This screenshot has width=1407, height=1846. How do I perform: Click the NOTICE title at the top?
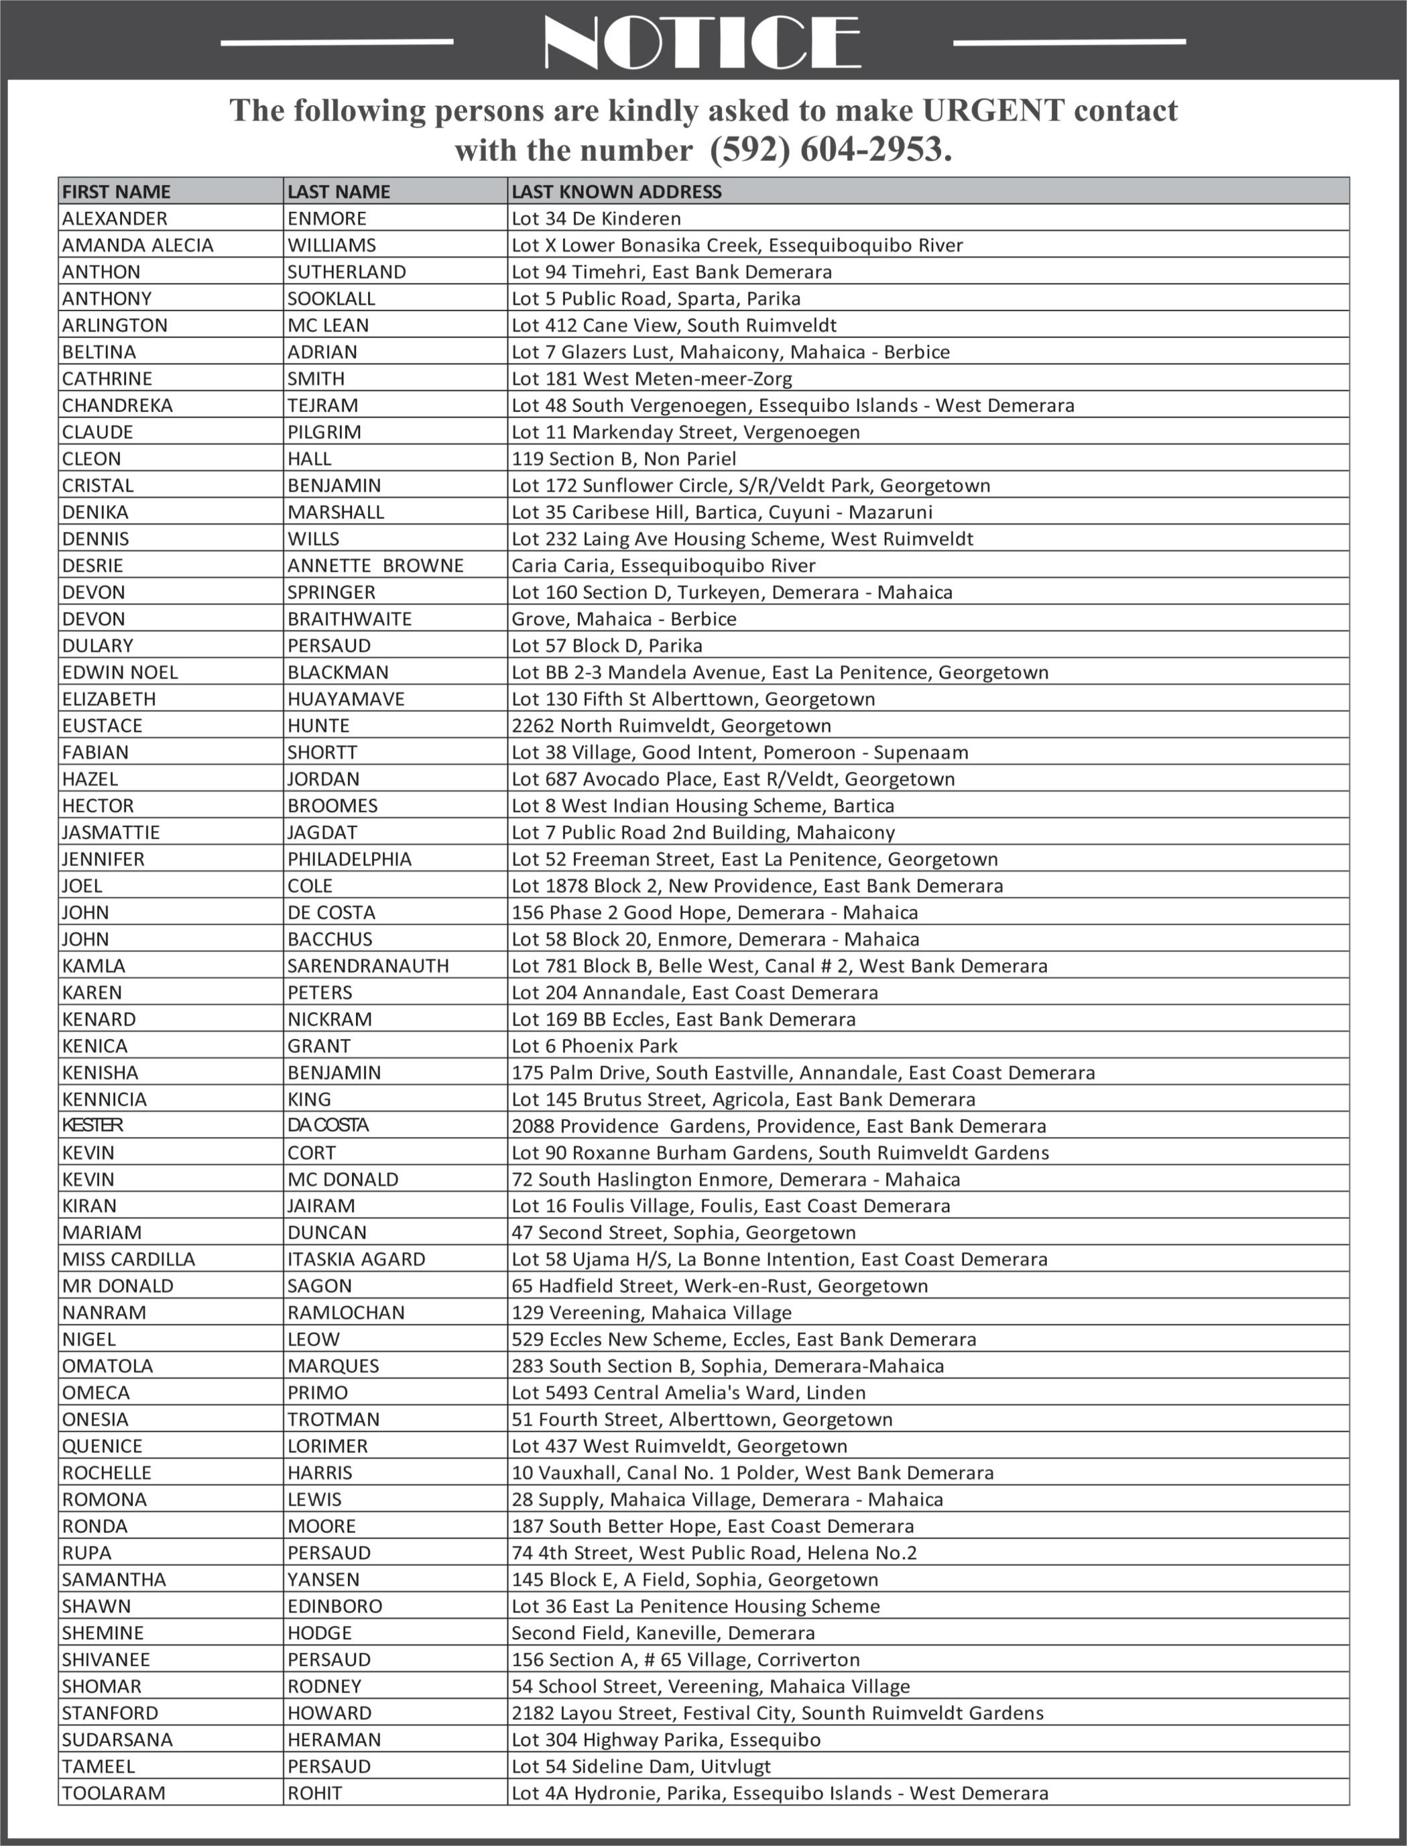(702, 41)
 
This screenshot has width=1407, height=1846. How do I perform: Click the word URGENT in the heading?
(993, 110)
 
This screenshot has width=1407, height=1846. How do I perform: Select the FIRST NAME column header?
(117, 192)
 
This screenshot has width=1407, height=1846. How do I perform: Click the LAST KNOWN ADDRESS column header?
(617, 192)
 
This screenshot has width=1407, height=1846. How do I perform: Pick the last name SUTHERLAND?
(347, 272)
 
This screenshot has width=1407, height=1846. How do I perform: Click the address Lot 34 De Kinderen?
(597, 219)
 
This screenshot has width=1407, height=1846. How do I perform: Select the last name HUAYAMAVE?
(346, 699)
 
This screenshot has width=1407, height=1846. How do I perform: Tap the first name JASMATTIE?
(111, 832)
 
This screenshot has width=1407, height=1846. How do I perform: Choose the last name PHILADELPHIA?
(349, 859)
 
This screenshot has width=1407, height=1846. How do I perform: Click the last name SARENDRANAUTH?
(367, 965)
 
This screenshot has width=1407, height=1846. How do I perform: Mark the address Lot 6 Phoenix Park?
(595, 1046)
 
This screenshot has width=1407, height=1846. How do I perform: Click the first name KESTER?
(93, 1126)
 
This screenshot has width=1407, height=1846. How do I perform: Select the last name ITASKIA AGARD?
(356, 1258)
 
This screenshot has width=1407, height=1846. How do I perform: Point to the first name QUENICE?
(102, 1446)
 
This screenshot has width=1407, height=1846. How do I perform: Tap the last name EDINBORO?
(334, 1605)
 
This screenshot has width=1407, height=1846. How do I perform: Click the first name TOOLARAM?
(113, 1792)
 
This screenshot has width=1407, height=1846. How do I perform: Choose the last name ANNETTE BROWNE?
(375, 565)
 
